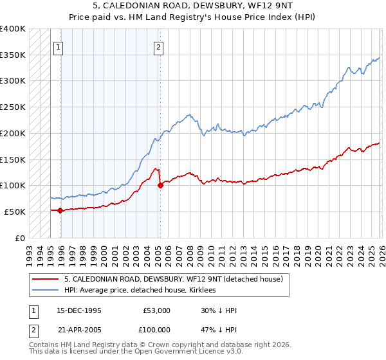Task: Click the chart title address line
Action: coord(192,6)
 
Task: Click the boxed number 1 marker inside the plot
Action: coord(58,46)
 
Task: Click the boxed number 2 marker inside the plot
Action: coord(158,46)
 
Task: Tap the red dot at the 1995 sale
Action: coord(60,210)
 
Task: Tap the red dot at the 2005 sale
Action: coord(160,185)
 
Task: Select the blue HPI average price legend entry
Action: coord(142,291)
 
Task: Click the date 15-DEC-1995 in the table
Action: coord(79,310)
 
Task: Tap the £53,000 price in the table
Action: coord(156,310)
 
